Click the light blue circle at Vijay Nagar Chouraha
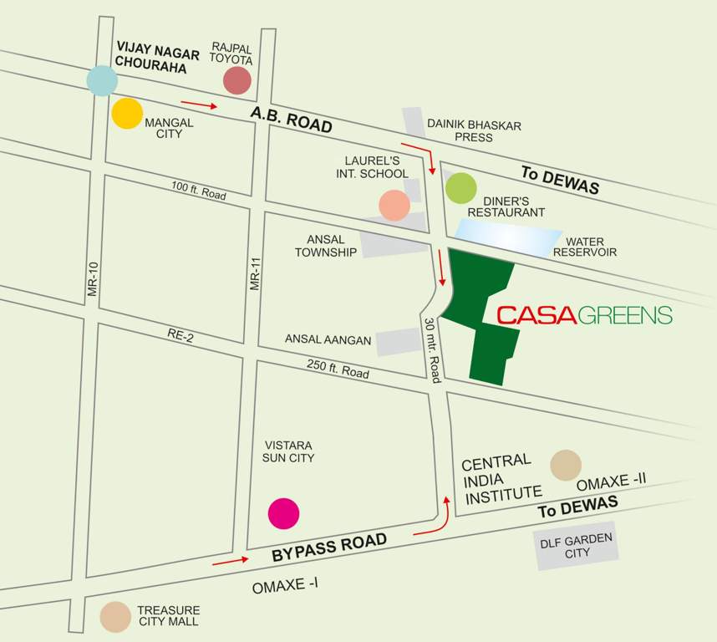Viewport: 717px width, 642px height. [102, 79]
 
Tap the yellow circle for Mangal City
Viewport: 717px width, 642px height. [127, 113]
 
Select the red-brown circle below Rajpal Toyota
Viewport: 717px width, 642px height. [237, 80]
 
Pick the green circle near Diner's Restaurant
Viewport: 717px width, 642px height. [460, 188]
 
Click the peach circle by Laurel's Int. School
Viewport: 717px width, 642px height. [394, 205]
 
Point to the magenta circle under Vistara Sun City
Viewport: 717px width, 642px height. [283, 513]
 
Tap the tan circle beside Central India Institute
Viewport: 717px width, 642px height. [566, 466]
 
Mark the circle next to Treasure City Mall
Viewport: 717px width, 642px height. [114, 617]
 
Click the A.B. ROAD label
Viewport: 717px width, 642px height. [292, 120]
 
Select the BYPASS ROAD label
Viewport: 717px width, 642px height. [330, 548]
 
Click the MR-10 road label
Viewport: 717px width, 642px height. [93, 279]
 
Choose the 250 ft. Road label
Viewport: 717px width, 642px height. [338, 369]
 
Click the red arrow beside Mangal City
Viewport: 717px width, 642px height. [199, 105]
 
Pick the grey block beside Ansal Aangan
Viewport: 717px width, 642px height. [398, 341]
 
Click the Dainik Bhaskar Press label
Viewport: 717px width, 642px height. [474, 131]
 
